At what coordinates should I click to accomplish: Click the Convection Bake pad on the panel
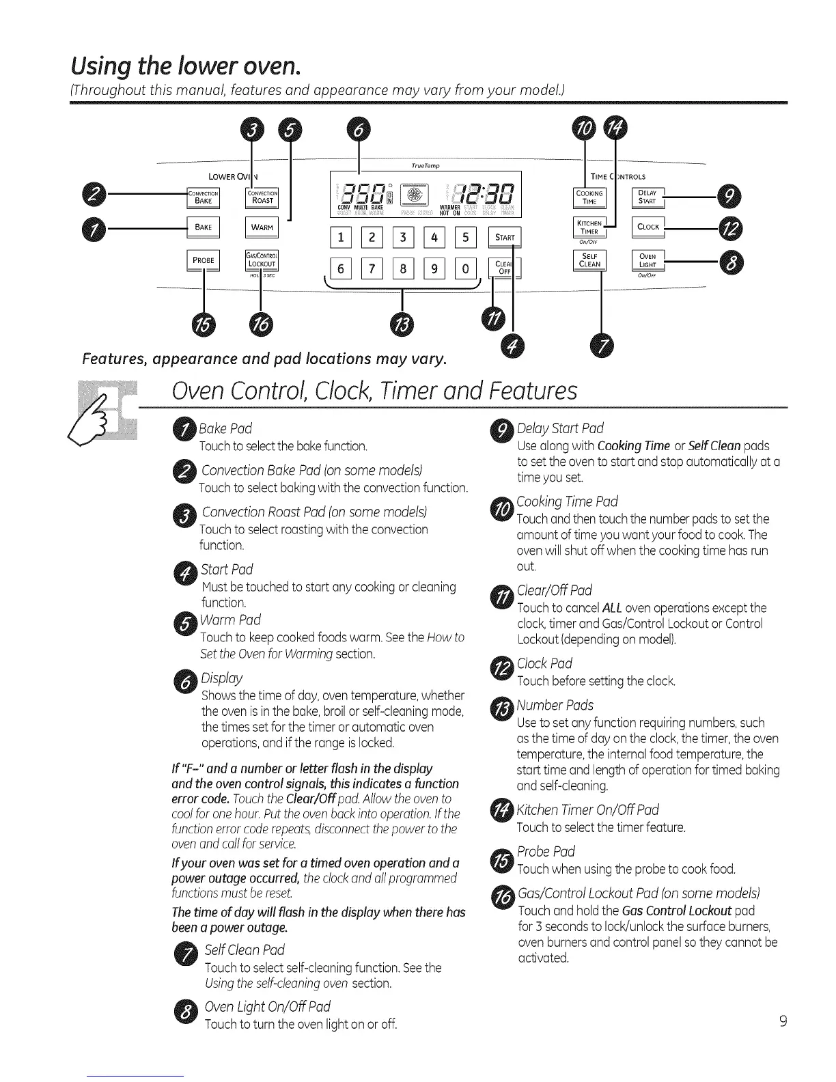tap(203, 197)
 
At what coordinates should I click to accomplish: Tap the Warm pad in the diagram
tap(262, 227)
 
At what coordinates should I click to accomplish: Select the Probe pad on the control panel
tap(203, 260)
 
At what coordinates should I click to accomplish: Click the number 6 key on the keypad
tap(340, 268)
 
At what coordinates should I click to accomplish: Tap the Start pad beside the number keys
tap(505, 238)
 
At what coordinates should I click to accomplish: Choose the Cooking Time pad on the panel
tap(589, 197)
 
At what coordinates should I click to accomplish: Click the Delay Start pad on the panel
tap(647, 197)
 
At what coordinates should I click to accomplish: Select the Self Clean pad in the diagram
tap(589, 261)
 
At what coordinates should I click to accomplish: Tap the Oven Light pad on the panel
tap(647, 261)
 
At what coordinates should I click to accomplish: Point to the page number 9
tap(783, 1021)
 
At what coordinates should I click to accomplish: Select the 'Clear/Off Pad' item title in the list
tap(554, 590)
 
